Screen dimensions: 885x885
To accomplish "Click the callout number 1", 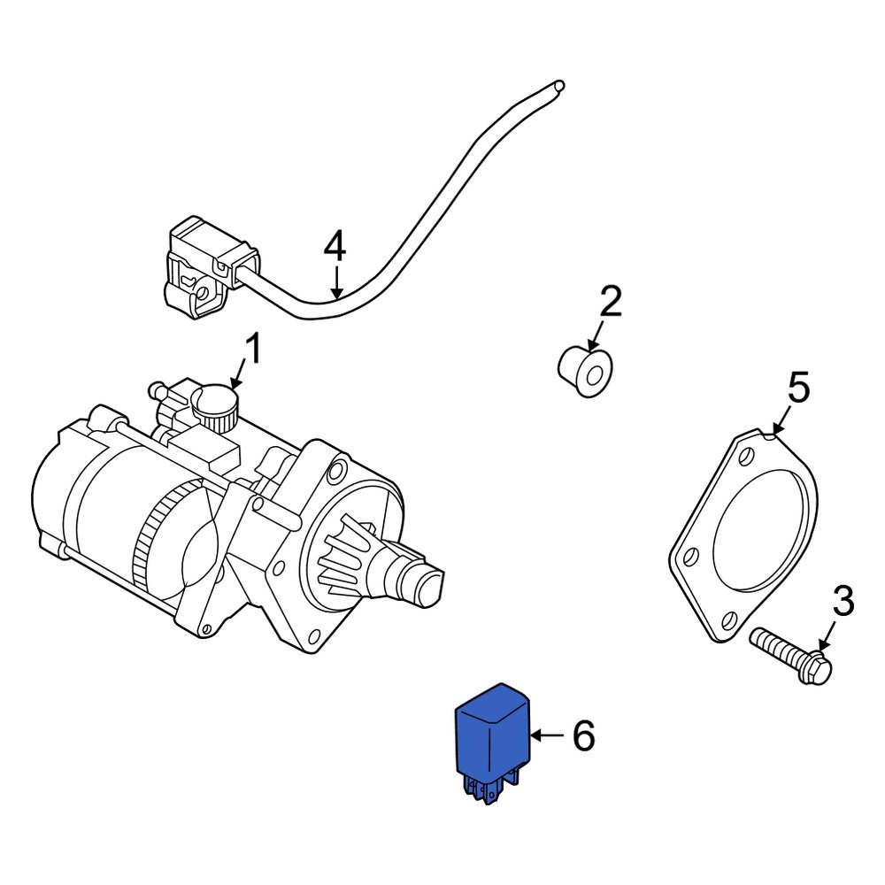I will click(253, 350).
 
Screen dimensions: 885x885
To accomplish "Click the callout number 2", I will click(610, 303).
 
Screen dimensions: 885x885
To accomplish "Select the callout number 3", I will click(843, 602).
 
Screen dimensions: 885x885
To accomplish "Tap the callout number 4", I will click(334, 246).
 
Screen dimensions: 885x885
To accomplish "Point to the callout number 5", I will click(798, 389).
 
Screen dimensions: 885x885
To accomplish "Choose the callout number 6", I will click(583, 735).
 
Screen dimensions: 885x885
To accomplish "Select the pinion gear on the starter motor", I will click(354, 563).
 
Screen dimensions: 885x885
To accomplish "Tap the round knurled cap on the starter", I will click(216, 406).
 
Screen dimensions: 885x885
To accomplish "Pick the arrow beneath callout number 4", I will click(335, 282).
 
